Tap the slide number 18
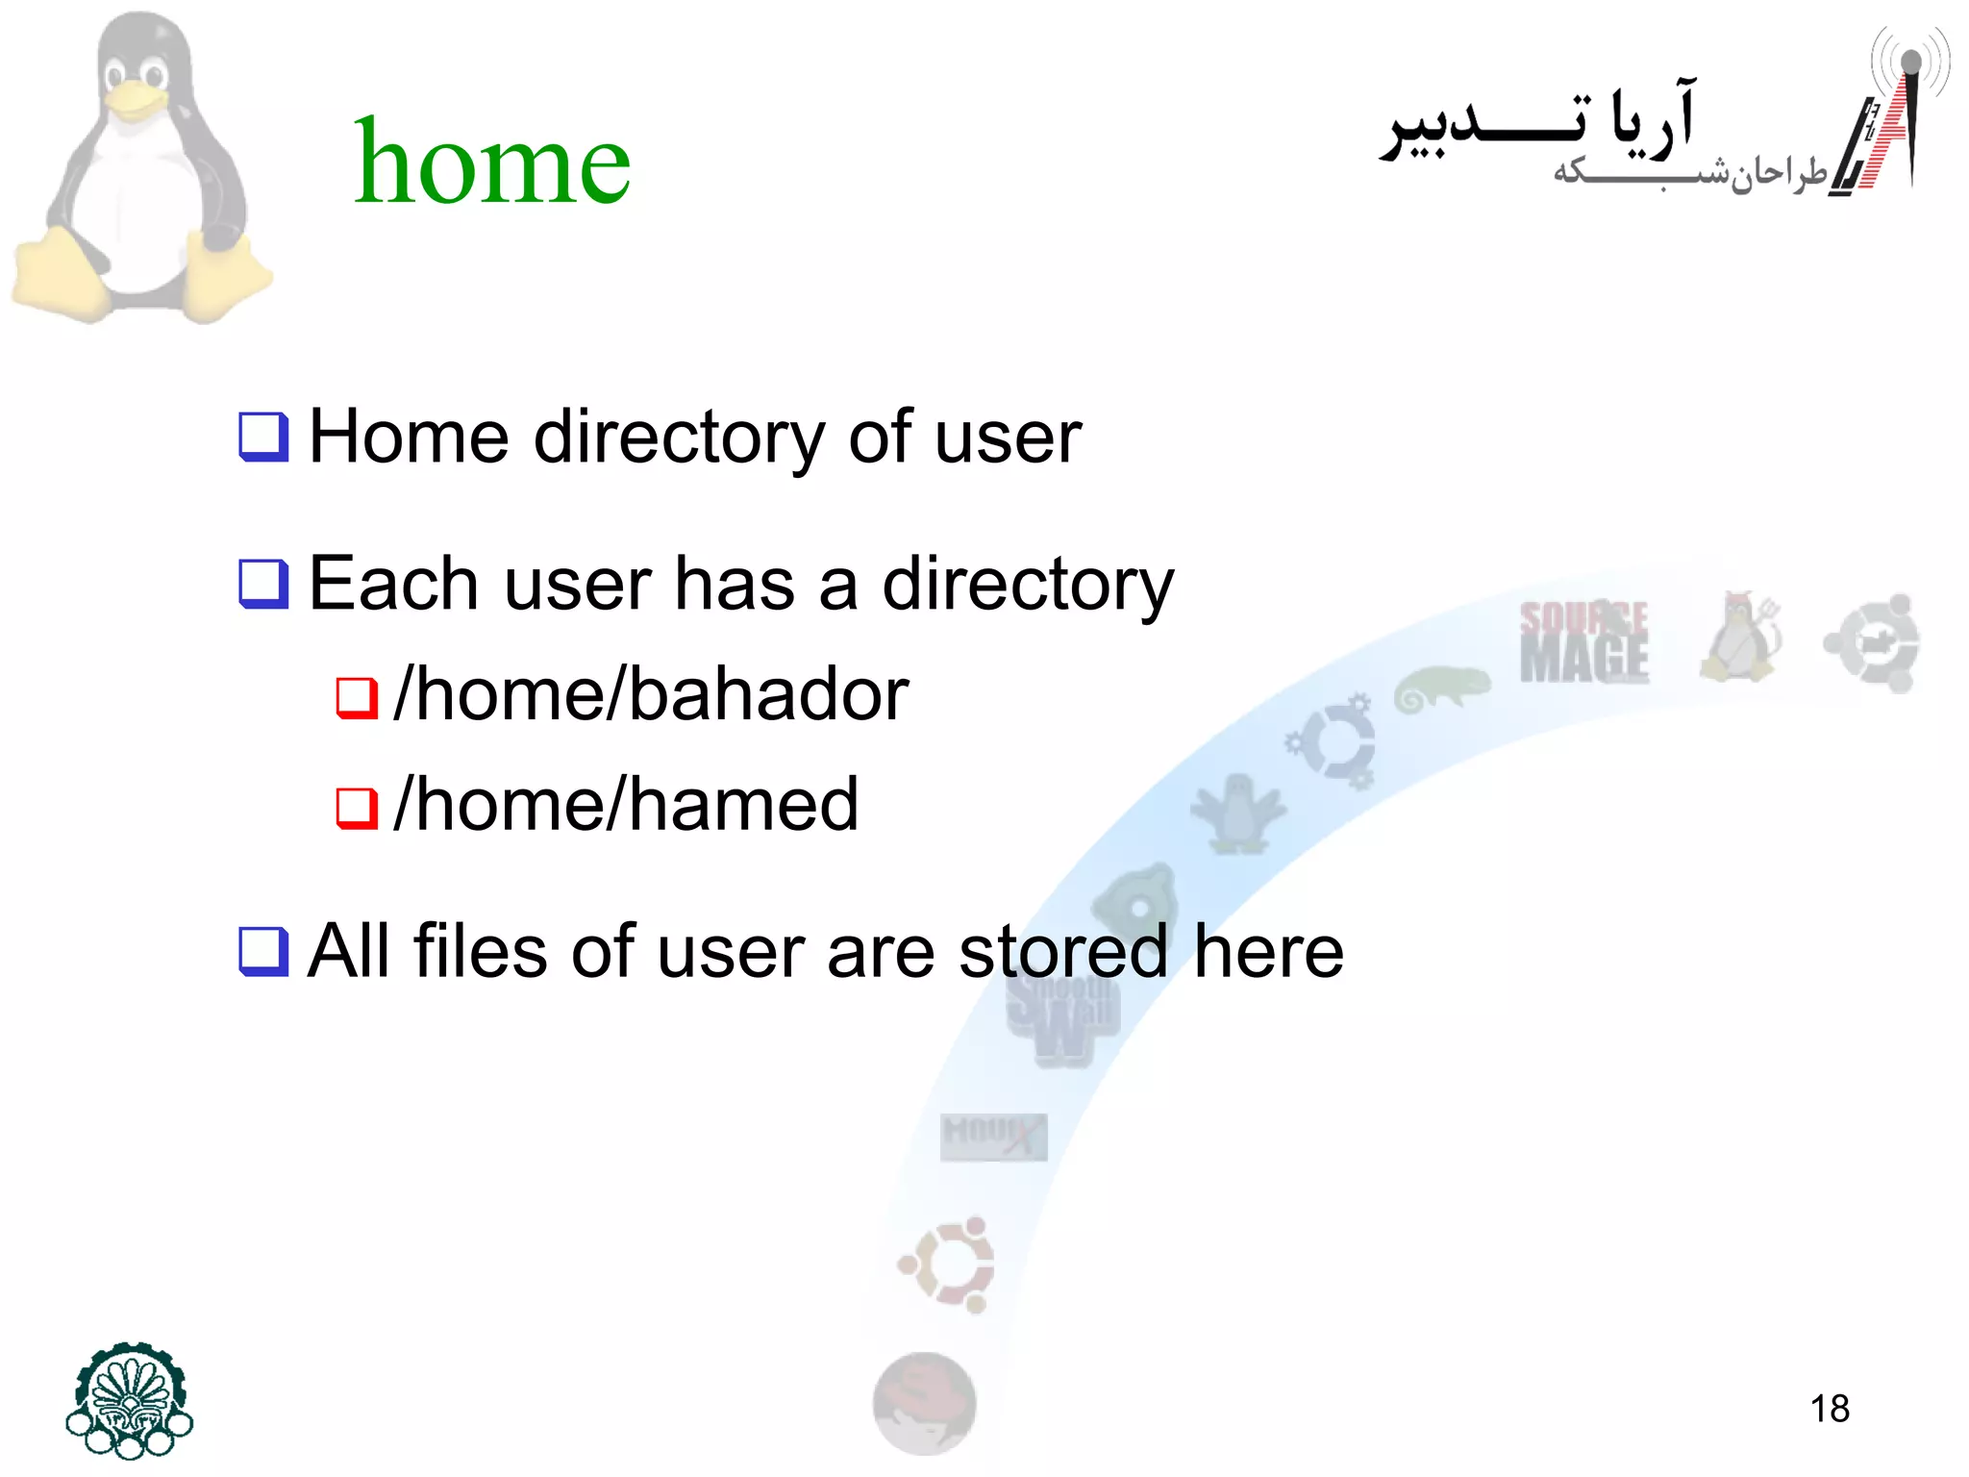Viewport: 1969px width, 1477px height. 1829,1409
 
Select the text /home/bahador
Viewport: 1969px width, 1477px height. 651,694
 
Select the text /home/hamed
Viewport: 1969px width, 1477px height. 626,805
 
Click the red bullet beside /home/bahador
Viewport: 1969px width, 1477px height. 356,698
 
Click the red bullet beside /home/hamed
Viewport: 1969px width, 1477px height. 356,808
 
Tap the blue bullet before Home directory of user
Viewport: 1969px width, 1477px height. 263,438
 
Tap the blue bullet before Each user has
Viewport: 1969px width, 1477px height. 263,585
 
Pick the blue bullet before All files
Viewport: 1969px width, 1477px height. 263,952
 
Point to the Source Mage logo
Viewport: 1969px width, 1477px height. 1583,642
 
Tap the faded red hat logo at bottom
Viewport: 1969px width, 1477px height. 924,1404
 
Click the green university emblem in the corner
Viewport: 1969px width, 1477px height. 130,1401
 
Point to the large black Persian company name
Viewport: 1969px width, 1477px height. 1538,123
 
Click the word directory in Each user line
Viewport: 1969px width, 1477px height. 1028,585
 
